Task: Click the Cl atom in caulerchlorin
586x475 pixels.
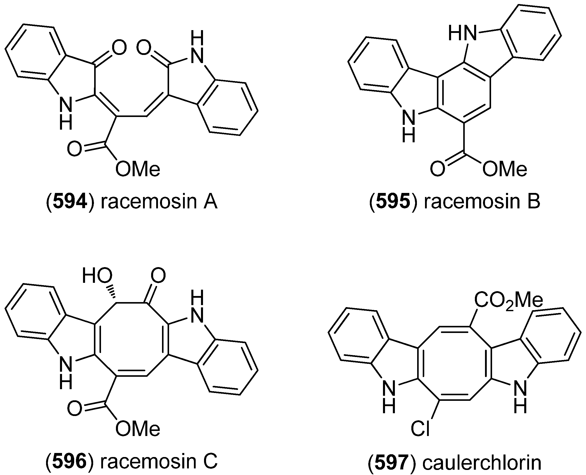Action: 420,428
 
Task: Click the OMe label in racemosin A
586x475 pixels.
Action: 138,169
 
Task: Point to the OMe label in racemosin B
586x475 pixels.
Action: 504,169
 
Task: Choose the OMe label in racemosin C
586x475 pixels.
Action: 138,428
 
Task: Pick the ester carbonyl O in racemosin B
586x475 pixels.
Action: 437,169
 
